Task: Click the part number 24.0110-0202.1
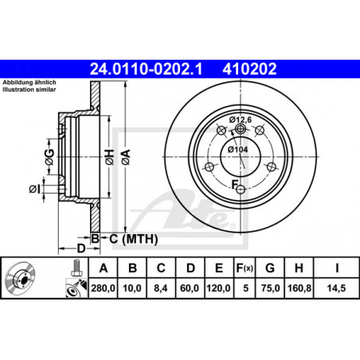pos(146,69)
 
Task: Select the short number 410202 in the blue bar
pos(249,69)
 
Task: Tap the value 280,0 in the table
pos(104,288)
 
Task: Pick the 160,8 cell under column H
pos(299,288)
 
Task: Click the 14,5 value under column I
pos(336,288)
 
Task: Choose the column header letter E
pos(219,268)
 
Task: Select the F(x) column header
pos(245,268)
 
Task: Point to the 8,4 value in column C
pos(161,288)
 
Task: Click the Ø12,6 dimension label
pos(241,119)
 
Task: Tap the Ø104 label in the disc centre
pos(237,150)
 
